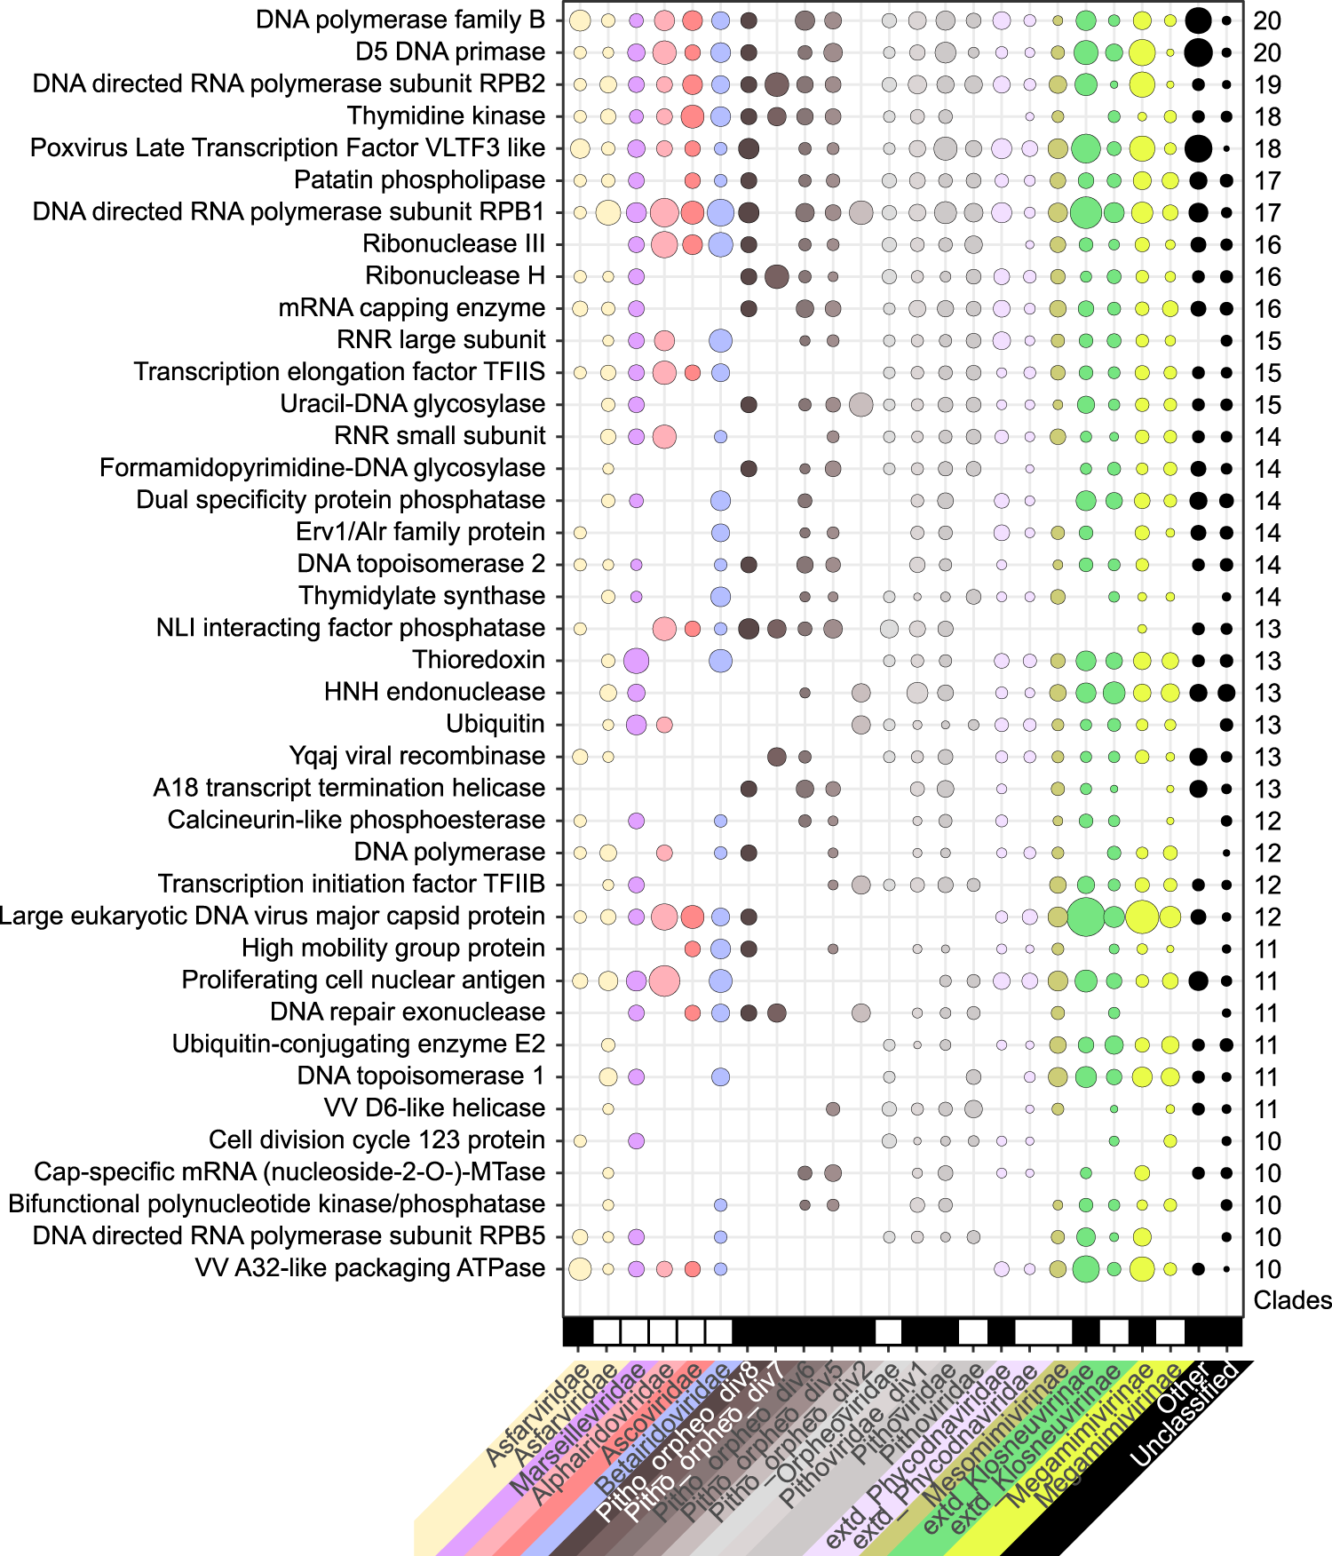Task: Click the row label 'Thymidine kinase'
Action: click(446, 116)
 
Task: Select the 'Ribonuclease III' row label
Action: click(454, 244)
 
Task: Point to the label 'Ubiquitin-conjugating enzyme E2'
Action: click(359, 1044)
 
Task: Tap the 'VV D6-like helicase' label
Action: click(434, 1108)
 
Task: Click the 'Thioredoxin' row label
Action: click(479, 660)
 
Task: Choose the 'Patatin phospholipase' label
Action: click(419, 180)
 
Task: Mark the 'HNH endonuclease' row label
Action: click(434, 692)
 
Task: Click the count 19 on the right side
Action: click(1267, 85)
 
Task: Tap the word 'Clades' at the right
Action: click(1292, 1300)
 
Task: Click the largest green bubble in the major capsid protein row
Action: click(1085, 917)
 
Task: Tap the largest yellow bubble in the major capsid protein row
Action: click(1142, 917)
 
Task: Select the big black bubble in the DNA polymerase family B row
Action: click(1198, 20)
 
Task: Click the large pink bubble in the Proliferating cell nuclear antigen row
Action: click(664, 981)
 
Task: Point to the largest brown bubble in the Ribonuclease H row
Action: click(776, 276)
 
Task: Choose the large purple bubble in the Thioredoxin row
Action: click(636, 661)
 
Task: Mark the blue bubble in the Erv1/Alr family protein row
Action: click(720, 533)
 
